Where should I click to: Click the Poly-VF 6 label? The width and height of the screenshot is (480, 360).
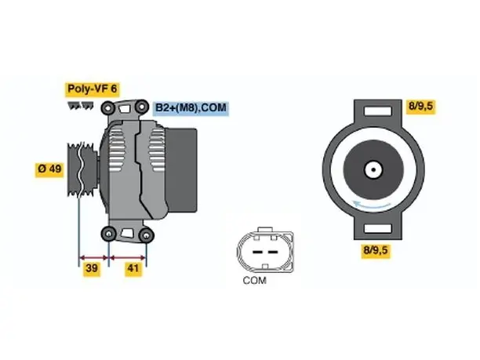click(x=92, y=89)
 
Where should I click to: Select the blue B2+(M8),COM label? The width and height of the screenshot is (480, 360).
click(x=191, y=108)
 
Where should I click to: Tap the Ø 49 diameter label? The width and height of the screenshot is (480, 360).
click(x=49, y=169)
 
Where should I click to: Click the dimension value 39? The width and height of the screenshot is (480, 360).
click(x=92, y=268)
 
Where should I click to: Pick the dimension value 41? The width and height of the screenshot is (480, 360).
click(x=133, y=268)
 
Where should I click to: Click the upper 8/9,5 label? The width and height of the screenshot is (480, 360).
click(x=421, y=106)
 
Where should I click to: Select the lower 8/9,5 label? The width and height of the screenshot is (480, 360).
click(x=376, y=250)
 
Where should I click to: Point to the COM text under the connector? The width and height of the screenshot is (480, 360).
click(x=254, y=280)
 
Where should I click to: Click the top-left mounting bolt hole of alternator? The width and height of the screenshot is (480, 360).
click(x=108, y=107)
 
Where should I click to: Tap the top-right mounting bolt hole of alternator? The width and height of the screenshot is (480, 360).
click(x=142, y=107)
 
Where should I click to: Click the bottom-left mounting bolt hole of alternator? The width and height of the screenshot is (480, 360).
click(x=109, y=235)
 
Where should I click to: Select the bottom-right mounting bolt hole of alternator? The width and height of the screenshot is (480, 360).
click(x=146, y=235)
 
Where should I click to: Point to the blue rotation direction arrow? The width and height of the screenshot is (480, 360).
click(x=372, y=205)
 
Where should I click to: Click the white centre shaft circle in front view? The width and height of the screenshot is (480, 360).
click(x=373, y=169)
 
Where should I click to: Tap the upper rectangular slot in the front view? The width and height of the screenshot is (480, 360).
click(x=378, y=111)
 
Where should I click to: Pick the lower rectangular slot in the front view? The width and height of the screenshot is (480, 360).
click(x=378, y=229)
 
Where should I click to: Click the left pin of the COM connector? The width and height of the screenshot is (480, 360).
click(x=258, y=253)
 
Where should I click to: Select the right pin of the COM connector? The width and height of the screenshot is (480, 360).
click(x=273, y=253)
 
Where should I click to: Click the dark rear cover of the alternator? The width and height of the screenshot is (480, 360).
click(x=181, y=170)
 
